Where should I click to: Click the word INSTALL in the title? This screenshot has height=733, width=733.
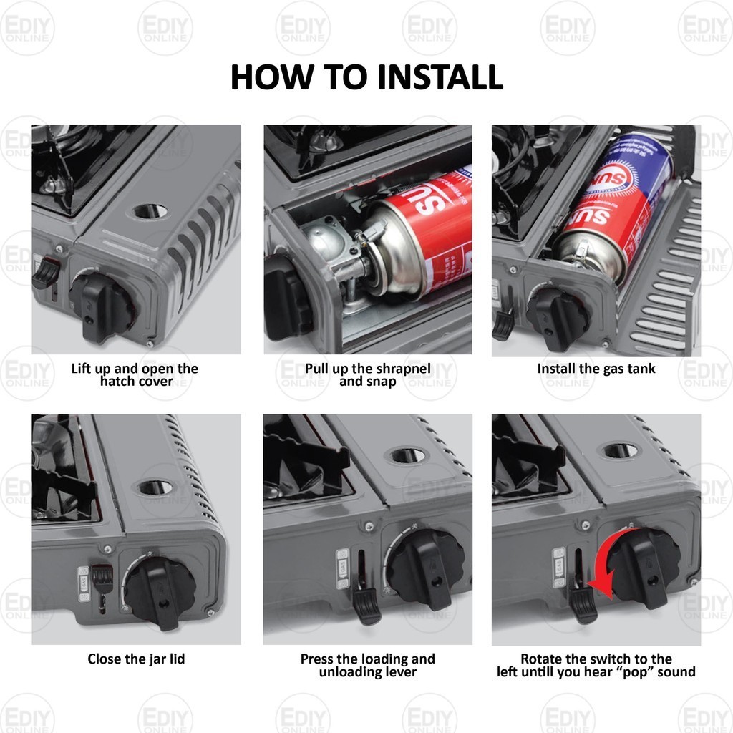[x=440, y=77]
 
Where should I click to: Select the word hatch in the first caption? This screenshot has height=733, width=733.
[x=117, y=381]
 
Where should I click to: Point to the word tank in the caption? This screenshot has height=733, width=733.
[x=641, y=369]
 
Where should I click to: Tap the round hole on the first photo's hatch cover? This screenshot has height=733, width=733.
[x=150, y=211]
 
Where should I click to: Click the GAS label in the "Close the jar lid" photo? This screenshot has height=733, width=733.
[x=84, y=583]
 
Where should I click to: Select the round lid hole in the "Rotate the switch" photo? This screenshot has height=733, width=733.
[x=621, y=451]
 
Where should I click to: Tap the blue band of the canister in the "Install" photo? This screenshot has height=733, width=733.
[x=636, y=160]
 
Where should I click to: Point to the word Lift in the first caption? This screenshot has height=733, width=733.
[x=81, y=369]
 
